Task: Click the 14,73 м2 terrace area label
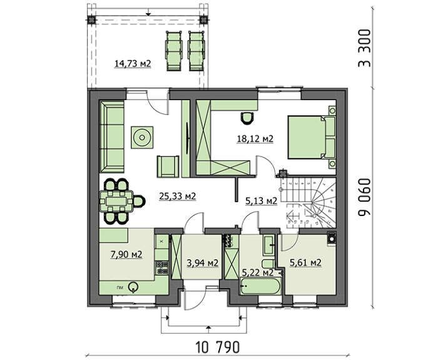(x=133, y=64)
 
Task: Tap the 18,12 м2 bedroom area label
(x=255, y=138)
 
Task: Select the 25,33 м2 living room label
(x=177, y=196)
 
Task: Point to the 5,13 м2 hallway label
(x=261, y=200)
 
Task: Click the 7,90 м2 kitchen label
(x=126, y=254)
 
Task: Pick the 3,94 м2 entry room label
(x=203, y=263)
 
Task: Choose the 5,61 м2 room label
(x=305, y=262)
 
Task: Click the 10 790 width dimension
(x=218, y=347)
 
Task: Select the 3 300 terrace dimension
(x=365, y=48)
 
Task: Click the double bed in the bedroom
(x=311, y=137)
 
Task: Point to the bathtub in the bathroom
(x=260, y=285)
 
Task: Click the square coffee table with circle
(x=142, y=138)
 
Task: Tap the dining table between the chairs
(x=116, y=201)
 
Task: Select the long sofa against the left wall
(x=112, y=137)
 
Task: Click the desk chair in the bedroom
(x=248, y=118)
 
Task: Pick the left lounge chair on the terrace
(x=174, y=51)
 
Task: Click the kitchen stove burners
(x=162, y=267)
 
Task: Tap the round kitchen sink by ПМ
(x=133, y=287)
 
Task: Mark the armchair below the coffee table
(x=168, y=167)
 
